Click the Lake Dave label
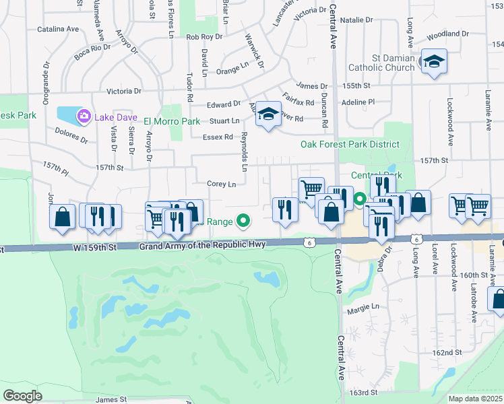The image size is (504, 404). [x=113, y=117]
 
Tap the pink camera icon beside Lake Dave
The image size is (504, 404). [x=84, y=116]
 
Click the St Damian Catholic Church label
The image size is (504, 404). [x=381, y=63]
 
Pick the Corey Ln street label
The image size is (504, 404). [x=222, y=184]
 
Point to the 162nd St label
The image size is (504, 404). [x=447, y=352]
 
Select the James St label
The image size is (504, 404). [x=111, y=399]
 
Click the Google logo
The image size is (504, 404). [x=22, y=396]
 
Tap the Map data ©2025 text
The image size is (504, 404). [x=475, y=399]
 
